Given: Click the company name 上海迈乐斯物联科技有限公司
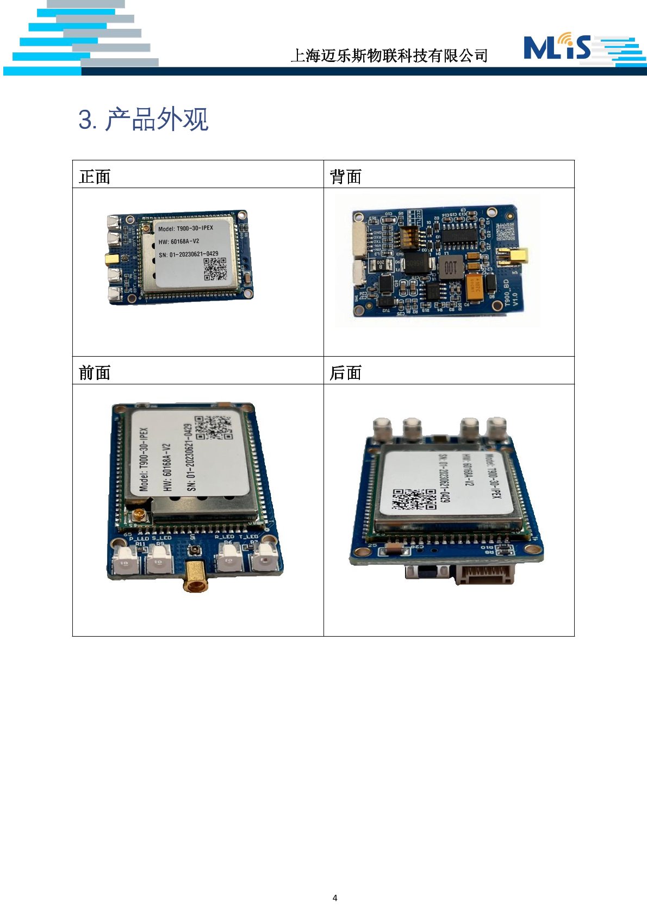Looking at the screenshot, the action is pyautogui.click(x=389, y=55).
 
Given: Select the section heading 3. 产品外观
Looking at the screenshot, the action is pyautogui.click(x=144, y=119).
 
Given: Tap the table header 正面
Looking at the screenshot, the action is pyautogui.click(x=95, y=177).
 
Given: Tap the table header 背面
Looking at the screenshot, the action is pyautogui.click(x=345, y=177).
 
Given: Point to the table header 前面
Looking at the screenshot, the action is pyautogui.click(x=95, y=373).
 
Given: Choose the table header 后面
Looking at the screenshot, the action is pyautogui.click(x=345, y=373).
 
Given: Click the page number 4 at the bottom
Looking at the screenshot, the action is pyautogui.click(x=335, y=898).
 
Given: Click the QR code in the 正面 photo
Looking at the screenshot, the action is pyautogui.click(x=215, y=269).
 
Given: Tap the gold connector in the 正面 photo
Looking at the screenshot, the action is pyautogui.click(x=112, y=259).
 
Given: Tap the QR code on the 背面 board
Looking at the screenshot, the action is pyautogui.click(x=505, y=231).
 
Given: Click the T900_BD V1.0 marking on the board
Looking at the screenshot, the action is pyautogui.click(x=511, y=293).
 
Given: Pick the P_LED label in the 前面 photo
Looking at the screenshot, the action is pyautogui.click(x=139, y=538).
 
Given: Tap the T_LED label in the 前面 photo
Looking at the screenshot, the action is pyautogui.click(x=248, y=537).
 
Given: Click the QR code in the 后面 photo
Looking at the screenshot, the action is pyautogui.click(x=414, y=499).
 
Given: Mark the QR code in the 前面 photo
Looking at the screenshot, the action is pyautogui.click(x=213, y=427).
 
